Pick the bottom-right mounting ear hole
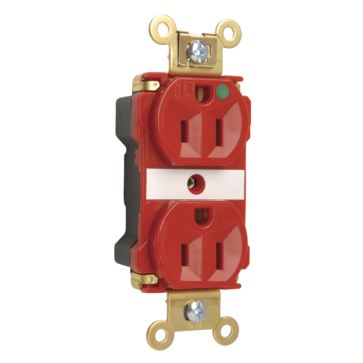point(225,331)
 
